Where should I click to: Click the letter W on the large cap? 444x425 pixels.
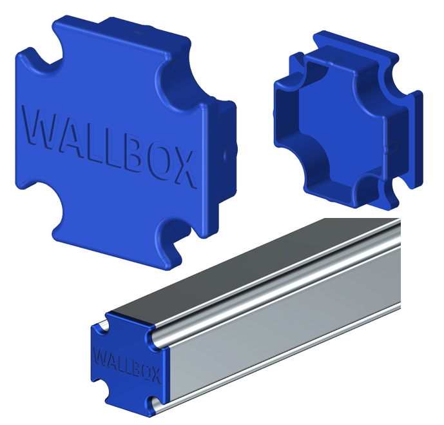click(39, 128)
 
